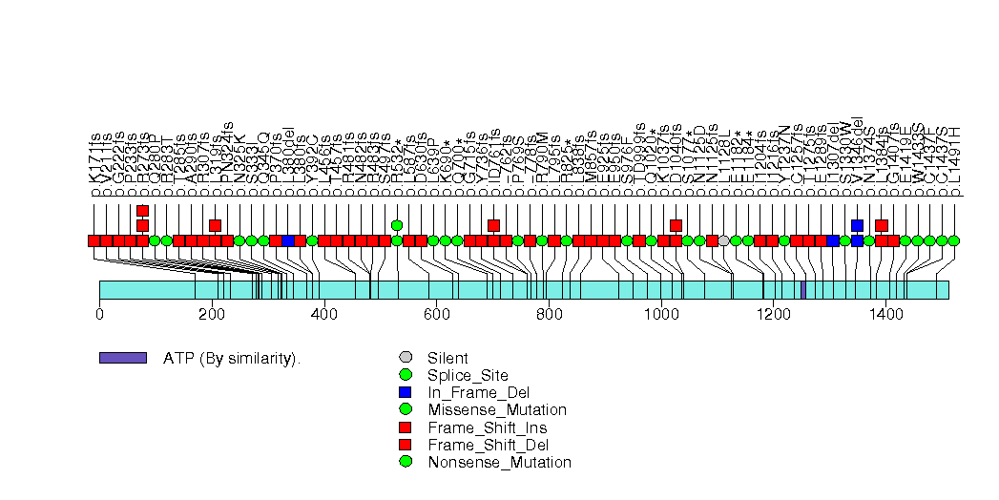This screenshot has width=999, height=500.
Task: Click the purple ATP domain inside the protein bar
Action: pos(803,289)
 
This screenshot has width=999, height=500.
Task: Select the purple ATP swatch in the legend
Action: pos(122,358)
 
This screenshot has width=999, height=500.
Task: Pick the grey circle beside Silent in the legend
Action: pos(406,358)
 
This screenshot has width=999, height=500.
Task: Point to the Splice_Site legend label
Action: pos(468,375)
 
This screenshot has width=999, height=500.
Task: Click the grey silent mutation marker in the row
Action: pos(724,240)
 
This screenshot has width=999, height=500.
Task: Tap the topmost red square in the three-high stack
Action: pos(142,211)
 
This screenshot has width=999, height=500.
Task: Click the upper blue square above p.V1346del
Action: pos(857,225)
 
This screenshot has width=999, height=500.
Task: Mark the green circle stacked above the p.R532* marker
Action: pos(397,225)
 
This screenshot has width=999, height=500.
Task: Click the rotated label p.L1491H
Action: pos(954,161)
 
